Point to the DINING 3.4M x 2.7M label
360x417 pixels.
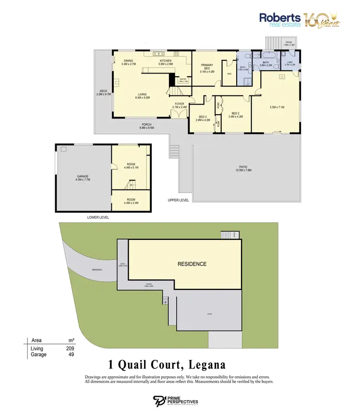(x=129, y=62)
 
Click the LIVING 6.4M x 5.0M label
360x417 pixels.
(x=143, y=95)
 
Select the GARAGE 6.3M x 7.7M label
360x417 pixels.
(x=83, y=178)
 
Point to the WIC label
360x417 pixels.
(x=229, y=74)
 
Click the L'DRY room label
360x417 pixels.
(x=289, y=63)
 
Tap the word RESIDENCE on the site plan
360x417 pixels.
(x=192, y=264)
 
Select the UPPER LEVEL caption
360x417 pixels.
(x=178, y=200)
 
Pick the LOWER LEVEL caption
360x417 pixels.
(x=98, y=217)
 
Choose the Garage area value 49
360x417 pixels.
(x=70, y=355)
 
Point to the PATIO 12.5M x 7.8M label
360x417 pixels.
(x=245, y=169)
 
